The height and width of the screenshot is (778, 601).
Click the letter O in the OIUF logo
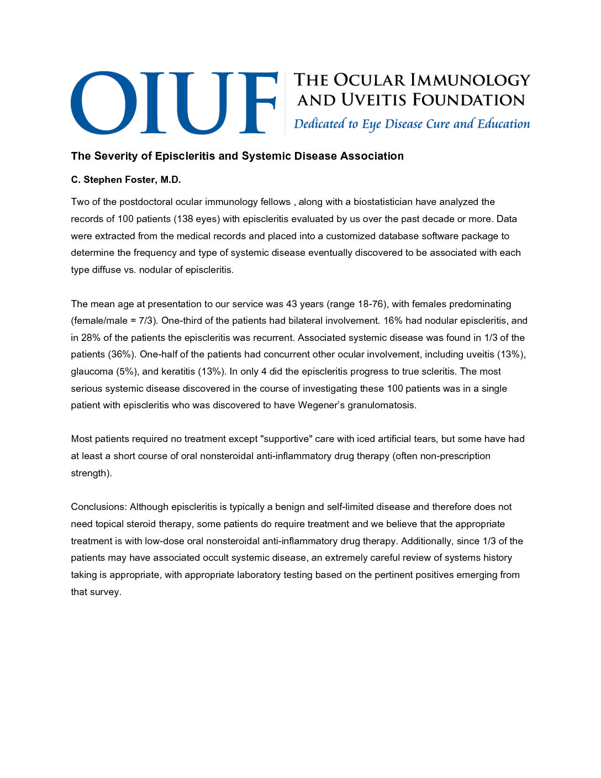104,103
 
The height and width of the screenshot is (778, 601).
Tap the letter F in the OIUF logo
254,103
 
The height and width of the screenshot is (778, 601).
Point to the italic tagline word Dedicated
319,124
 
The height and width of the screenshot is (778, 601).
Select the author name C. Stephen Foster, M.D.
126,180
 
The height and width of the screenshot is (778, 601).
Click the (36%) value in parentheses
122,354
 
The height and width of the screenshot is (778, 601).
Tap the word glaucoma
92,371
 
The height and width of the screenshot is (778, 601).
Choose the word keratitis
178,371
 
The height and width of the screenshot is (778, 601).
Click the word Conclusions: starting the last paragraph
99,507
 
